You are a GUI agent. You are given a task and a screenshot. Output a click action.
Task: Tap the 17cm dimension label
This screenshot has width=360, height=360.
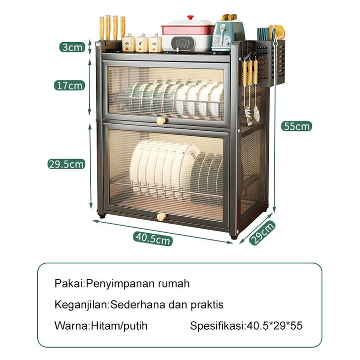69,85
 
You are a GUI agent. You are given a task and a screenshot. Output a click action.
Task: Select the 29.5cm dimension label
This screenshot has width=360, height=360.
66,164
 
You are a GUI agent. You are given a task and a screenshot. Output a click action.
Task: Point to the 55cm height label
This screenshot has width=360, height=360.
297,126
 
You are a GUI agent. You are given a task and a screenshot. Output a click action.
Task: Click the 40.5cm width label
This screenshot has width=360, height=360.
153,239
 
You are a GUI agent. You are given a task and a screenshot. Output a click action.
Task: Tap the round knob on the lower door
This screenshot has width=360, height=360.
161,217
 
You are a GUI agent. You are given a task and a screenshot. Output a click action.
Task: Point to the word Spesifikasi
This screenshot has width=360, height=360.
217,326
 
